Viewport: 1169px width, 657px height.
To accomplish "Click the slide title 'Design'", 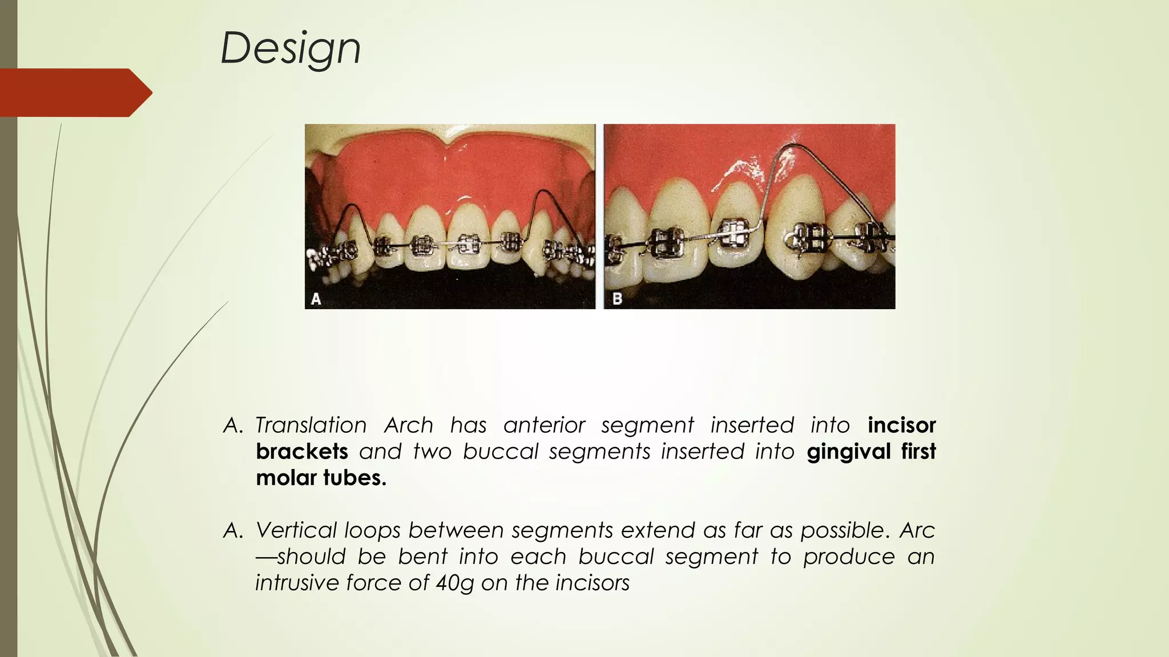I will pyautogui.click(x=291, y=48).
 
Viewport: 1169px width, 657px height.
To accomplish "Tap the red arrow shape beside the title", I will pyautogui.click(x=74, y=92).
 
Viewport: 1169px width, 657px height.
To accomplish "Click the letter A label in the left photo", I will pyautogui.click(x=316, y=298).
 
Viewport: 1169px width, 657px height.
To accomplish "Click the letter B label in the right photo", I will pyautogui.click(x=617, y=298).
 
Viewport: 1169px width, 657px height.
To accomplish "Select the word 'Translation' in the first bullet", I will pyautogui.click(x=311, y=425).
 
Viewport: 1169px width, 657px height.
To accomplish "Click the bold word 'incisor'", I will pyautogui.click(x=901, y=425).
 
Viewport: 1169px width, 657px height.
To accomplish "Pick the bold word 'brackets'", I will pyautogui.click(x=302, y=452).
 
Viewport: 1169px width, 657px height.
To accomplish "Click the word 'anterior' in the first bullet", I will pyautogui.click(x=544, y=425).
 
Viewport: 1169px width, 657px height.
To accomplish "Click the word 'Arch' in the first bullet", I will pyautogui.click(x=408, y=425).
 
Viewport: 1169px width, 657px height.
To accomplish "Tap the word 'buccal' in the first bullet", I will pyautogui.click(x=500, y=452).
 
